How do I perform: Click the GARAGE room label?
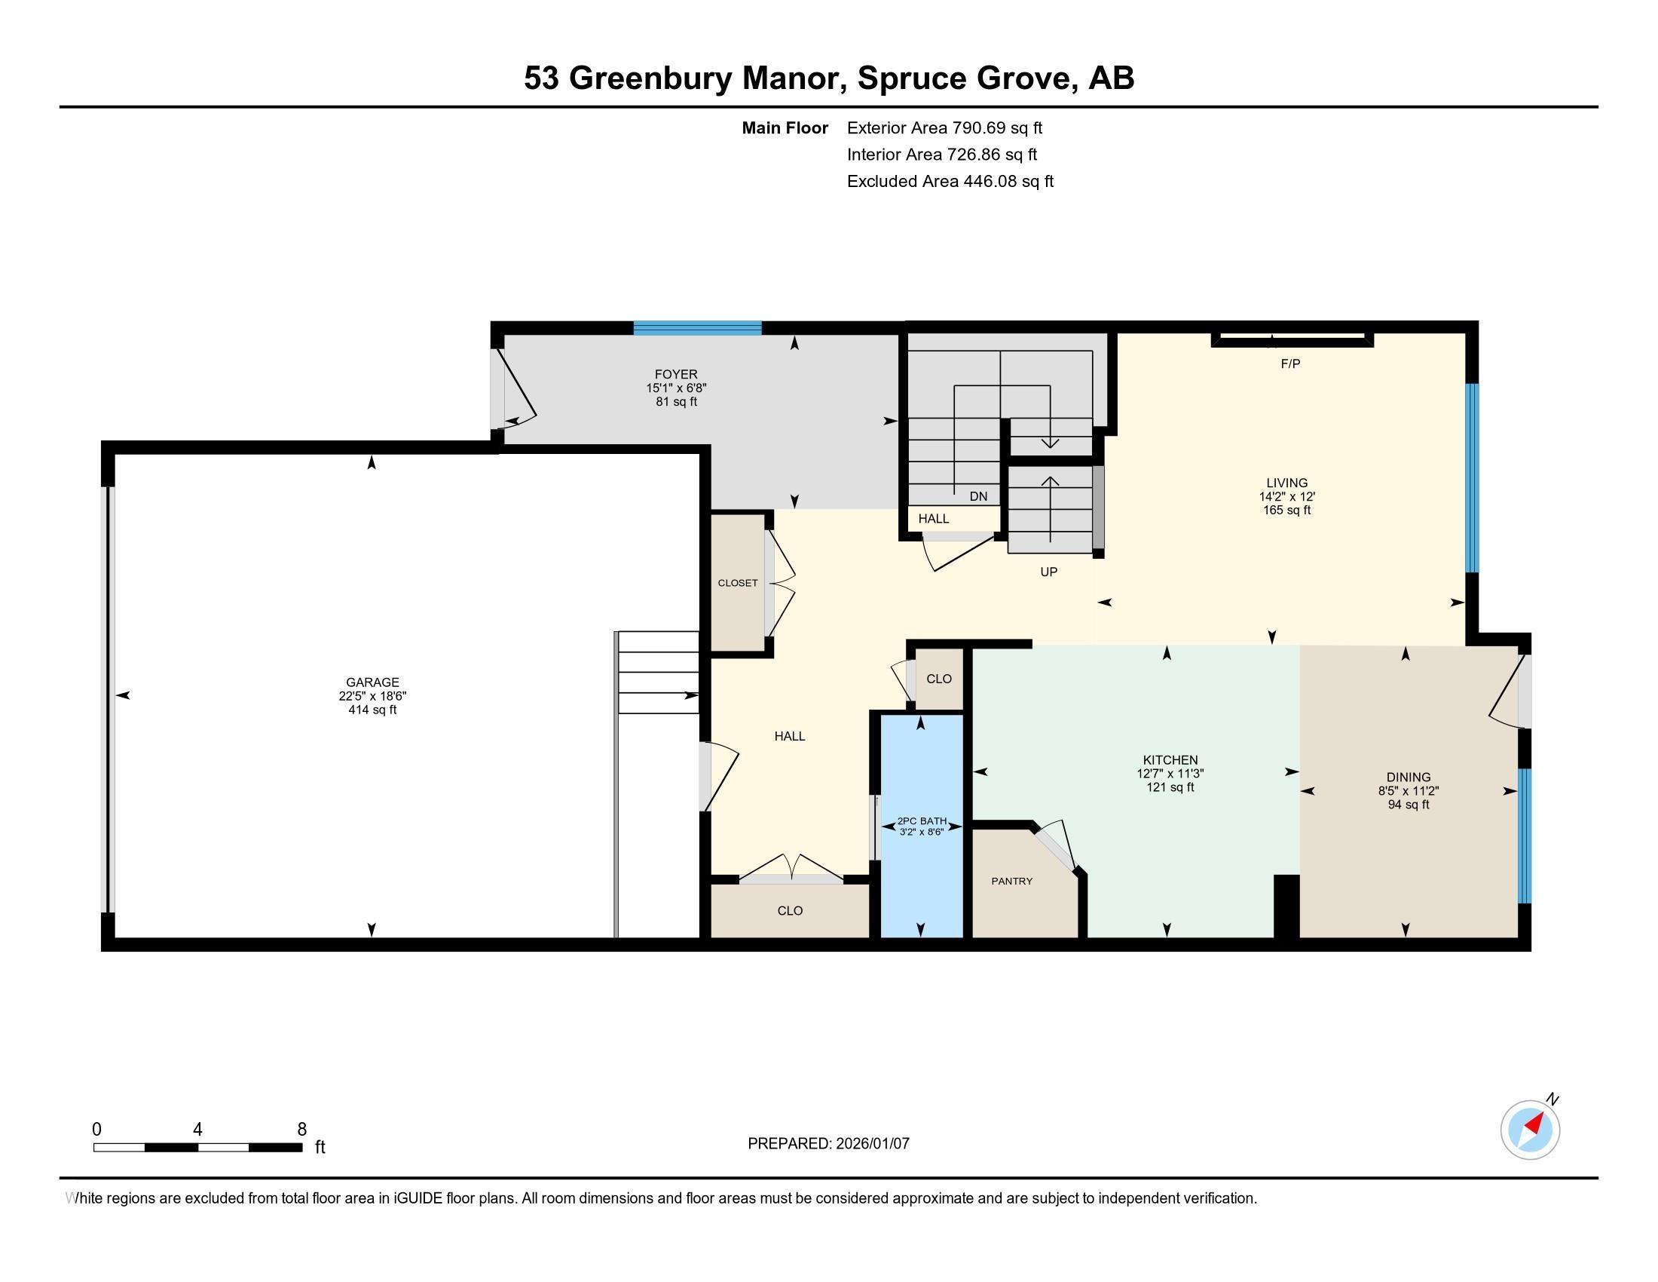click(372, 682)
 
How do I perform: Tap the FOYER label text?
click(676, 373)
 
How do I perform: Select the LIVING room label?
click(1286, 483)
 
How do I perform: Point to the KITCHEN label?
click(1170, 759)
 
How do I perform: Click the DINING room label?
click(1409, 777)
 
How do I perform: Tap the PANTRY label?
click(1012, 881)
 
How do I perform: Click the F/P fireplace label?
click(1290, 363)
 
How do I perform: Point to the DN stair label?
click(978, 496)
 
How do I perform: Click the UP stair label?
click(1048, 572)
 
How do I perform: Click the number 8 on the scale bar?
click(301, 1129)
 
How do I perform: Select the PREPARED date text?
click(828, 1143)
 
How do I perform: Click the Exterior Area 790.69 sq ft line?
click(944, 127)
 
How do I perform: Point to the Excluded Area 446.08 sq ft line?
click(950, 181)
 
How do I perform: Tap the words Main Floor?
click(785, 127)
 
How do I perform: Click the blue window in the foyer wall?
click(698, 328)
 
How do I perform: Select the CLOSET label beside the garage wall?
click(738, 583)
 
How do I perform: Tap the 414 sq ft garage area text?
click(372, 710)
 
